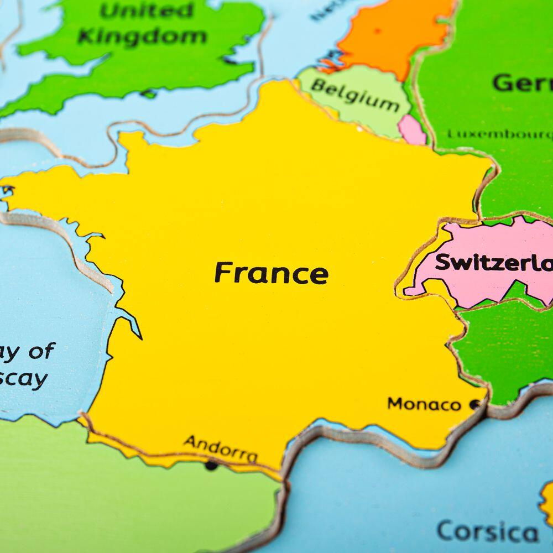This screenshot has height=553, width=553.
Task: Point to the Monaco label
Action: coord(424,404)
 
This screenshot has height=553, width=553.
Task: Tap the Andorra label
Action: coord(220,448)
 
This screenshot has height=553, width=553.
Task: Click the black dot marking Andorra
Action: coord(211,466)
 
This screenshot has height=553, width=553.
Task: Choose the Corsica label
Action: coord(487,532)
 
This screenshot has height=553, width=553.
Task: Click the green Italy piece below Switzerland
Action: coord(503,348)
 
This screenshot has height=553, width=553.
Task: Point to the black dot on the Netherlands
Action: coord(378,30)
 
